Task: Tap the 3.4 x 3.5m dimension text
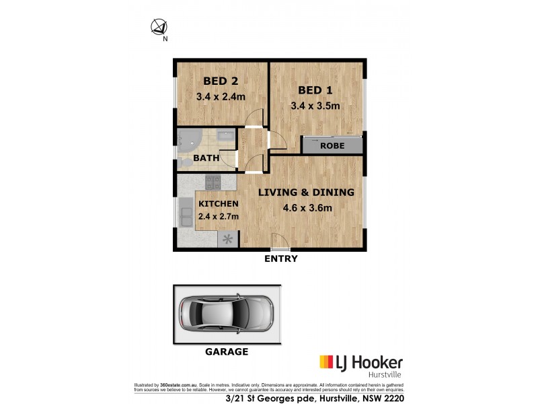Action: point(315,106)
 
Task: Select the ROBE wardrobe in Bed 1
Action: point(332,145)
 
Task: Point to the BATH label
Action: point(204,158)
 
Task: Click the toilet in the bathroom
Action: point(183,164)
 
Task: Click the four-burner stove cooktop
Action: point(213,182)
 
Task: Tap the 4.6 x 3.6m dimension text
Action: point(307,208)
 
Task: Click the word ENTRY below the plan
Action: point(280,259)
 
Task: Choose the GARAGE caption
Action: point(225,351)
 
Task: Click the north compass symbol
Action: point(159,28)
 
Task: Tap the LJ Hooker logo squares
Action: point(328,362)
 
